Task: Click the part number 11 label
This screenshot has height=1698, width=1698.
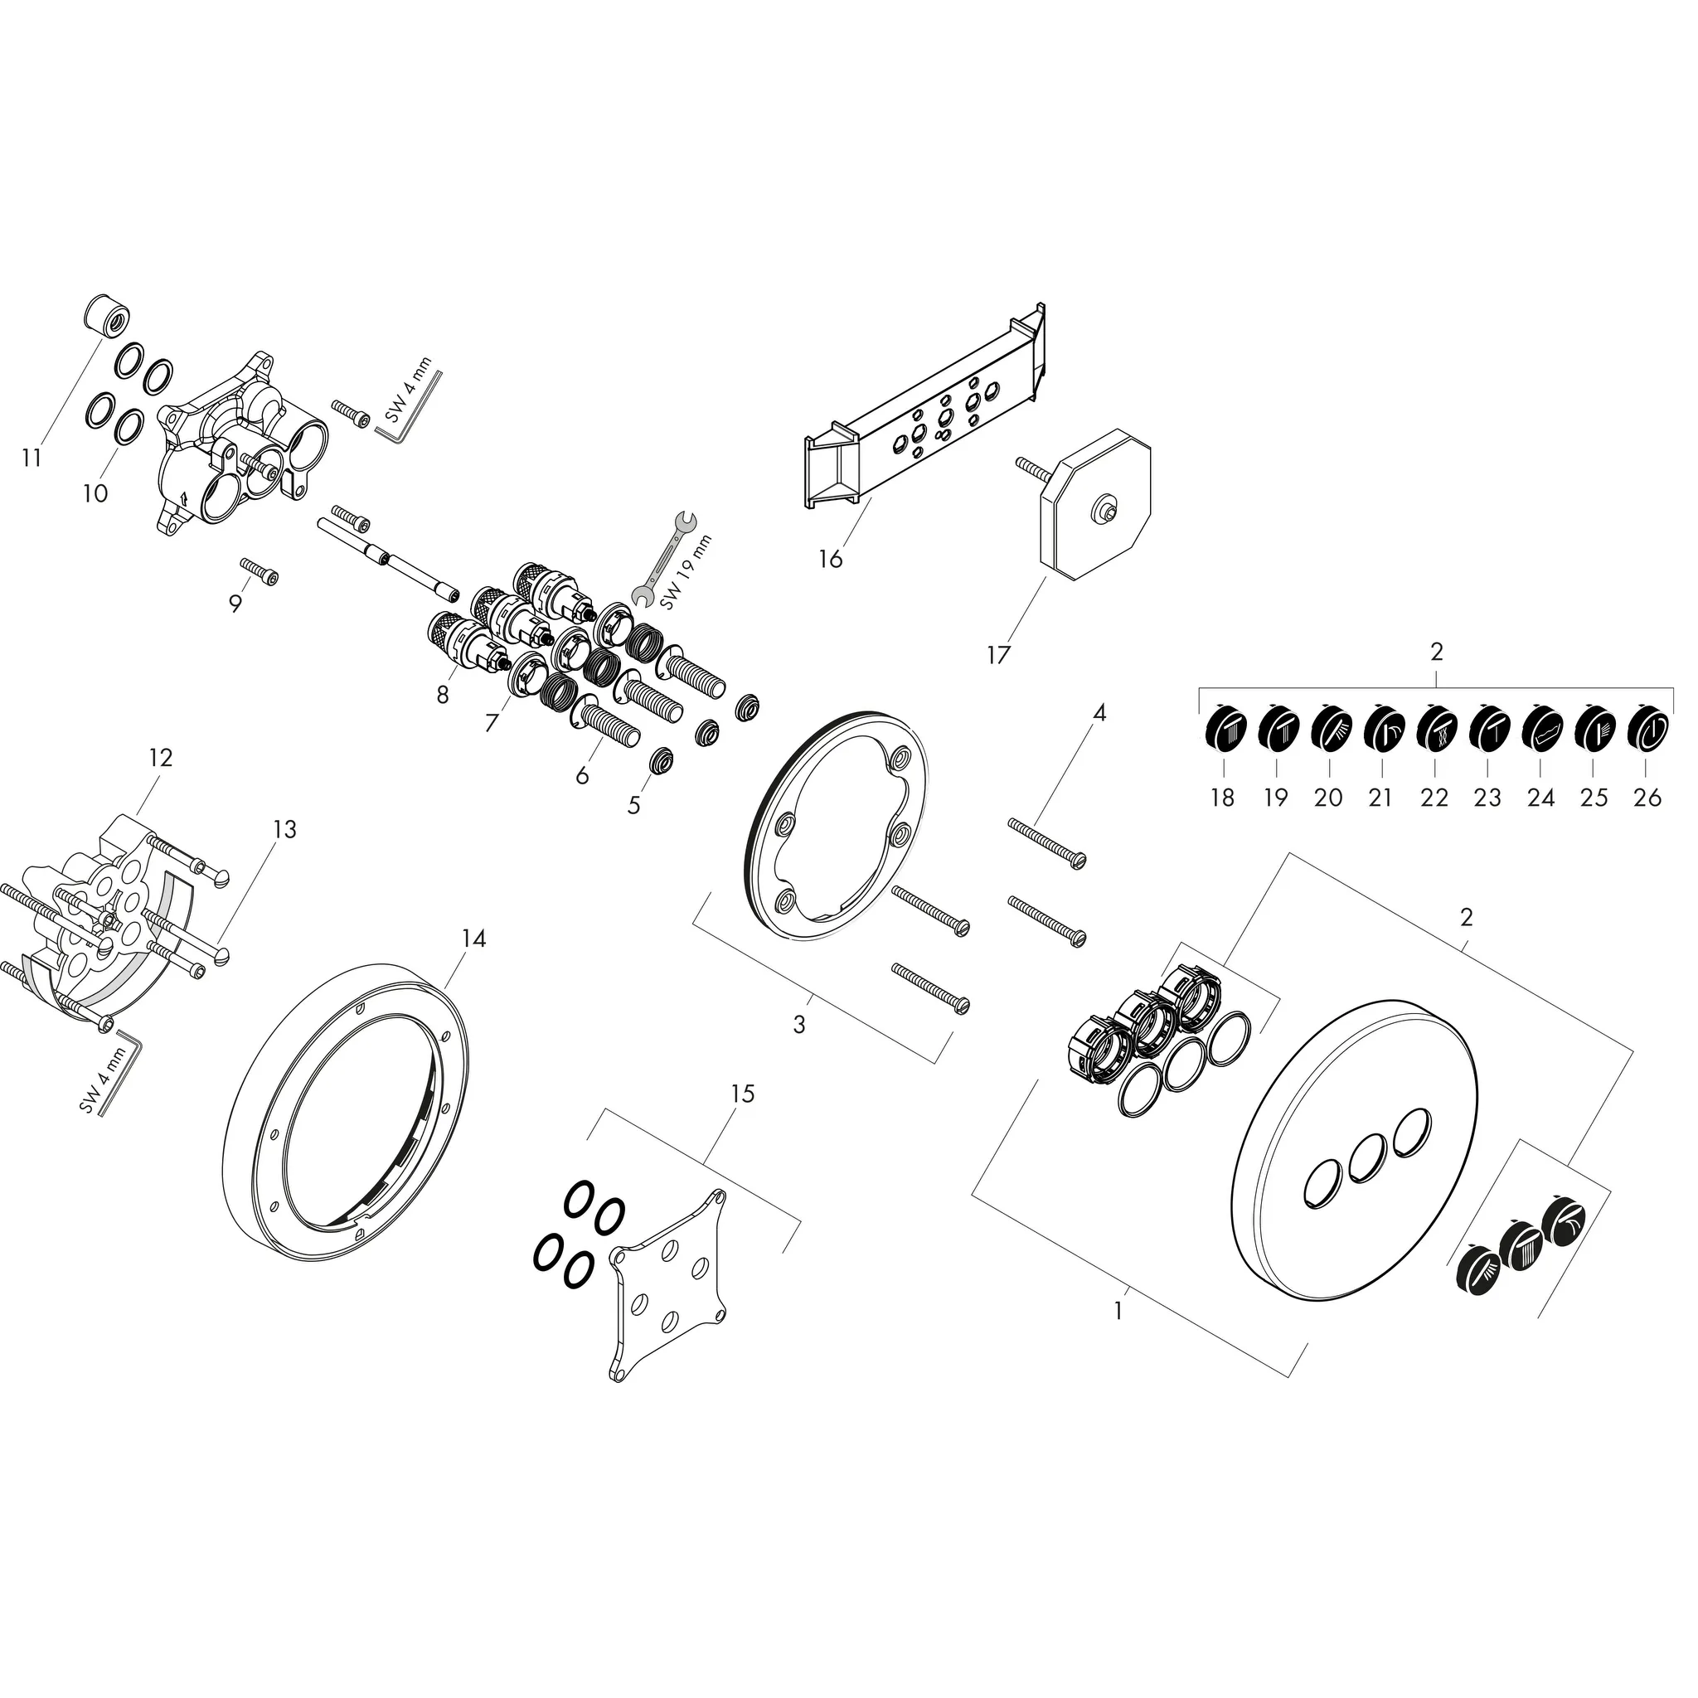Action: coord(32,458)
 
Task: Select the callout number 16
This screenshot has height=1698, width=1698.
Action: coord(831,558)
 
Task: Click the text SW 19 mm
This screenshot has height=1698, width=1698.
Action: coord(686,573)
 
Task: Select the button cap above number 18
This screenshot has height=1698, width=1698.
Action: coord(1221,730)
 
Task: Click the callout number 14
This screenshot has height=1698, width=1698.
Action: coord(473,939)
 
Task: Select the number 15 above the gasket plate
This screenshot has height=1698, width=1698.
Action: coord(743,1094)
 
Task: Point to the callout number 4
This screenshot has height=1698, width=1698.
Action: coord(1099,713)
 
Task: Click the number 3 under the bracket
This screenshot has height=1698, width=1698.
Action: coord(799,1025)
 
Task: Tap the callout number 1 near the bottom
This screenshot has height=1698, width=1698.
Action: coord(1118,1336)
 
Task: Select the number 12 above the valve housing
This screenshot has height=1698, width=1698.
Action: coord(161,757)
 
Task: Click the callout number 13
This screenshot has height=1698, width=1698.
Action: coord(284,829)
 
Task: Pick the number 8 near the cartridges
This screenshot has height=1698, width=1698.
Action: coord(442,695)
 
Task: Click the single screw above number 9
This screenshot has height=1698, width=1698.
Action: coord(261,574)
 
